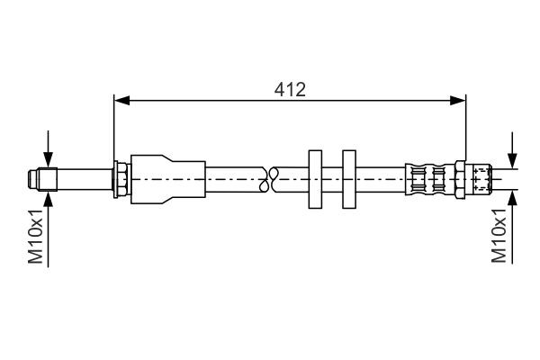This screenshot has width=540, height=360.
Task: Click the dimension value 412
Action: [x=289, y=88]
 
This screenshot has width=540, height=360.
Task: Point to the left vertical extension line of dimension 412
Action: [x=113, y=126]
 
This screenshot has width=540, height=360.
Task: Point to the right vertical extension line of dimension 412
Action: [x=466, y=126]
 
